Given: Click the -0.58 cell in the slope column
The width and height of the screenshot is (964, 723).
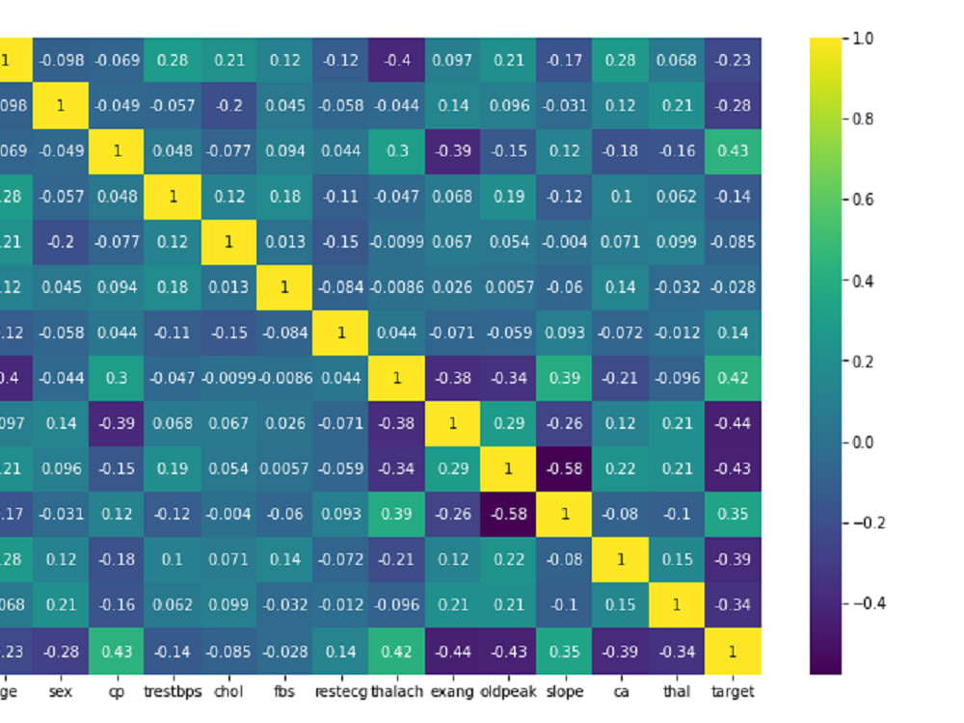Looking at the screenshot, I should click(564, 469).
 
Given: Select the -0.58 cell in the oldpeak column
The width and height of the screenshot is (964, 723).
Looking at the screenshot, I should click(508, 515).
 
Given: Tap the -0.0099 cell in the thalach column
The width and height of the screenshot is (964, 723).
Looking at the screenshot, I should click(396, 242).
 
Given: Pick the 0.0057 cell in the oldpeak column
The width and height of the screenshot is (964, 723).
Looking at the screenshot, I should click(508, 287).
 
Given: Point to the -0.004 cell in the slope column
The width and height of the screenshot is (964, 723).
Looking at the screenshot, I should click(564, 242).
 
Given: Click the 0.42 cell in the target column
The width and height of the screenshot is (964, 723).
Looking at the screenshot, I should click(733, 378).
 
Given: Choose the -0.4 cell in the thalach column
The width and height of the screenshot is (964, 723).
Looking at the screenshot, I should click(396, 61).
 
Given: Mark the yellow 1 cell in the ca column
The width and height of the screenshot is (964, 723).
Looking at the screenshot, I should click(621, 560).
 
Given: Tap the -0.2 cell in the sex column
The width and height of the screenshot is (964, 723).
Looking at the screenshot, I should click(60, 242).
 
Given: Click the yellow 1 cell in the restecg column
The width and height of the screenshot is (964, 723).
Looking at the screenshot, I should click(340, 333).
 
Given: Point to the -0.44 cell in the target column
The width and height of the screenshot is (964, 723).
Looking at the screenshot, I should click(733, 423).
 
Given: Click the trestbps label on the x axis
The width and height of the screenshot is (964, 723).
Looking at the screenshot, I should click(173, 691).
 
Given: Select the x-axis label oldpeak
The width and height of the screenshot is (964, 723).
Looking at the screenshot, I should click(508, 691).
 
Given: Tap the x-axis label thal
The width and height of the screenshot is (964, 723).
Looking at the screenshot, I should click(677, 691).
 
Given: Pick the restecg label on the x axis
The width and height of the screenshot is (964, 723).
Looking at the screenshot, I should click(340, 691).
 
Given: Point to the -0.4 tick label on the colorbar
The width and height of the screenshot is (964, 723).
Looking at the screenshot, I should click(864, 603).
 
